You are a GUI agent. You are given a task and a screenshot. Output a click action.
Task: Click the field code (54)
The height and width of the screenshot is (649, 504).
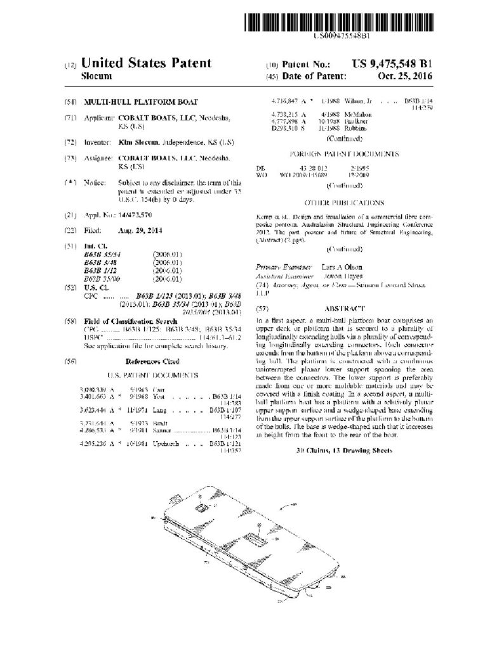pyautogui.click(x=70, y=102)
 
